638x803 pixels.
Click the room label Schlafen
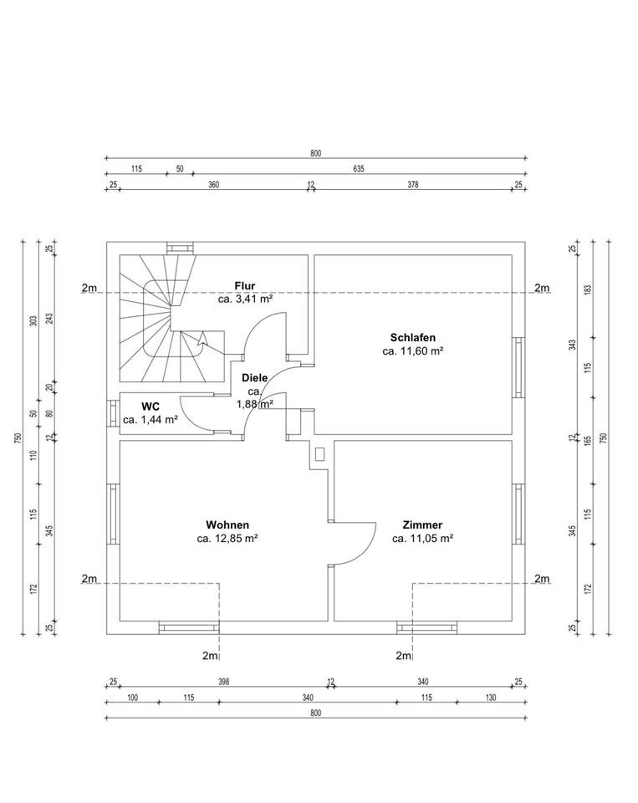[412, 338]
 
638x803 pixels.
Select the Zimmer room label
[422, 525]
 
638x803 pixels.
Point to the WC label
[151, 405]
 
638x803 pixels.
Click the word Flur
[245, 285]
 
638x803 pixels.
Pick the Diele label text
[255, 378]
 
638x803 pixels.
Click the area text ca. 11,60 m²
[412, 352]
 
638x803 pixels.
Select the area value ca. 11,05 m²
[422, 540]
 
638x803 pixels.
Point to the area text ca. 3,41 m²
[246, 299]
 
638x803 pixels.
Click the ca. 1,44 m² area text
[151, 420]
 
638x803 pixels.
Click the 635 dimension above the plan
[359, 169]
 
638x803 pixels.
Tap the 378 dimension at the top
[412, 185]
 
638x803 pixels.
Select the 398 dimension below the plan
[223, 683]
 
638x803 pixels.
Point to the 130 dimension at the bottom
[489, 698]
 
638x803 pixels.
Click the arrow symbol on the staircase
[200, 339]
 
